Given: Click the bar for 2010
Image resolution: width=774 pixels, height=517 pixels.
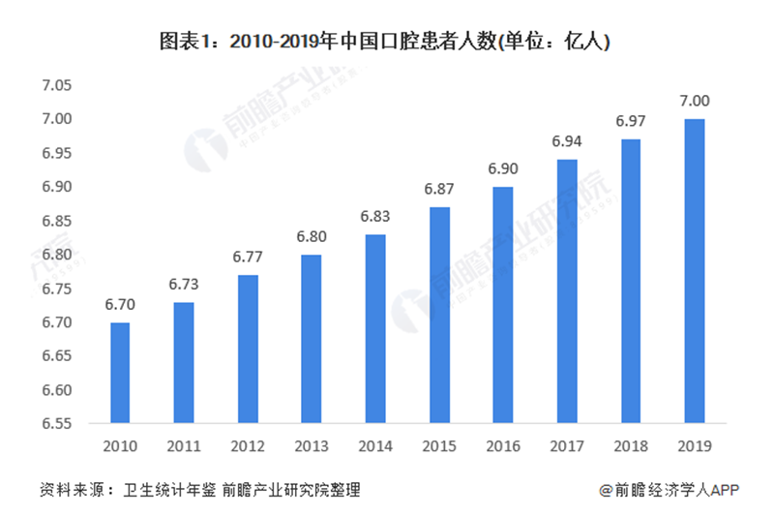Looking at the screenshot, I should pos(120,373).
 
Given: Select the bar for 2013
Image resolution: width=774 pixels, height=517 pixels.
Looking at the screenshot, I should pos(312,339).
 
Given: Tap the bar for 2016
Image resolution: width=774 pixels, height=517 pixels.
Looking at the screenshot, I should pos(503,305).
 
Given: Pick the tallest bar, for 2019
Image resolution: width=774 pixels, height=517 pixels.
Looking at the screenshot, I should pos(695,271).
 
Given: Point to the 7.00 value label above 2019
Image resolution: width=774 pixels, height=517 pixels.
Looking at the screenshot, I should pos(695,101).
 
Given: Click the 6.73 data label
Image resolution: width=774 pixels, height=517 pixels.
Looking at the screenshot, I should pos(184,285).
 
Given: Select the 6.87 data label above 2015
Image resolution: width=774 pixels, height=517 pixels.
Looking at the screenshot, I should pos(439,189).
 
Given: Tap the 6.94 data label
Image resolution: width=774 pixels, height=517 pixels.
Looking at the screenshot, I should pos(567,141).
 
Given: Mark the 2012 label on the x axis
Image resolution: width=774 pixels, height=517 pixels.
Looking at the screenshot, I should pos(248,447).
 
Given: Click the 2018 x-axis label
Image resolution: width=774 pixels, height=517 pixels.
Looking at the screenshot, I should pos(631,447).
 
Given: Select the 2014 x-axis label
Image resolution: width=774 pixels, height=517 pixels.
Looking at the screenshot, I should pos(375,447).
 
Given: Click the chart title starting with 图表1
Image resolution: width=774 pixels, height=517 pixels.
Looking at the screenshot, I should pos(387,42).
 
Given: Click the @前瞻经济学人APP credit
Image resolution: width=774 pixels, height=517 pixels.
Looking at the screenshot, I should pos(669,490).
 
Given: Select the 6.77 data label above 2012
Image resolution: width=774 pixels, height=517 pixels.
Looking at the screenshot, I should pos(248,258).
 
